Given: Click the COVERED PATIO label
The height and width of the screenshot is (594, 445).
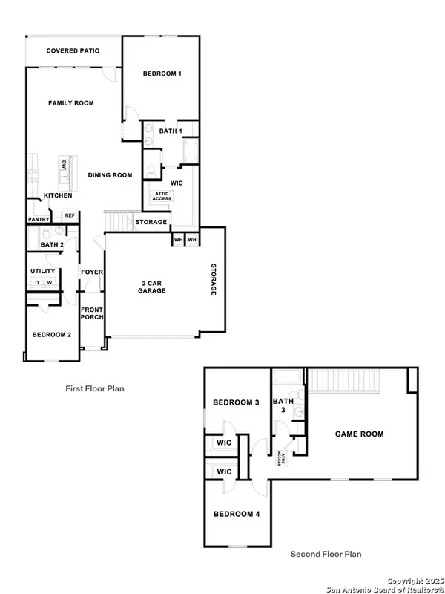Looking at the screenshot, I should pyautogui.click(x=73, y=50).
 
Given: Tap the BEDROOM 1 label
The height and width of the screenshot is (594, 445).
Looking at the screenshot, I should pyautogui.click(x=162, y=73).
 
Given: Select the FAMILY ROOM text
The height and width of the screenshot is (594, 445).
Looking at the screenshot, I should pyautogui.click(x=71, y=102).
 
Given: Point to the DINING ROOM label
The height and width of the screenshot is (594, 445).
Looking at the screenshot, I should pyautogui.click(x=110, y=175).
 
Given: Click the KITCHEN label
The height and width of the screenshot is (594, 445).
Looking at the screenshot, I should pyautogui.click(x=58, y=195).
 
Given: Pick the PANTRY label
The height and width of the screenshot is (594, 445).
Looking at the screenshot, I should pyautogui.click(x=39, y=219).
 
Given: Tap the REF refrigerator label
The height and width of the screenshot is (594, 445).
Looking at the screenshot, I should pyautogui.click(x=70, y=215).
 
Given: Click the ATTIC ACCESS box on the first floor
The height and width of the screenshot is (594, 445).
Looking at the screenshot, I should pyautogui.click(x=162, y=196).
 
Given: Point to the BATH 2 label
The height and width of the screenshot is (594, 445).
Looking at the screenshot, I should pyautogui.click(x=52, y=244).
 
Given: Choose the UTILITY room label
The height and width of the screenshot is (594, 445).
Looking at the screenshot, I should pyautogui.click(x=43, y=272).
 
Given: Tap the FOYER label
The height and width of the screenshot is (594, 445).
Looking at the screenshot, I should pyautogui.click(x=92, y=272).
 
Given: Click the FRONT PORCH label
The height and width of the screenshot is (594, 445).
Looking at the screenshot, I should pyautogui.click(x=92, y=313).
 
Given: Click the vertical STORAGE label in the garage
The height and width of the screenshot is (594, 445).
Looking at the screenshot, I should pyautogui.click(x=213, y=279).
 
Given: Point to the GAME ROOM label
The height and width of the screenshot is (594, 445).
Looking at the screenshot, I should pyautogui.click(x=360, y=434).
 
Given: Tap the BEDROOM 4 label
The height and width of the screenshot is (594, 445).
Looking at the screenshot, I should pyautogui.click(x=236, y=514).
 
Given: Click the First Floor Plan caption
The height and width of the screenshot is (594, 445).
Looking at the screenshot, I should pyautogui.click(x=95, y=388).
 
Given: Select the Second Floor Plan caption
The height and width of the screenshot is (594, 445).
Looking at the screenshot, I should pyautogui.click(x=326, y=554).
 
